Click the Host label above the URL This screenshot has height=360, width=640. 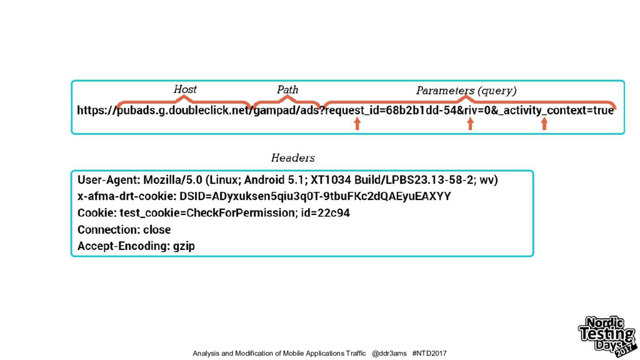coord(185,89)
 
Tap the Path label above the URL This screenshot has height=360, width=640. coord(287,90)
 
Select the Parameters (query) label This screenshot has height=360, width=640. coord(466,91)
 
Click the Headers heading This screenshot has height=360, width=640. coord(292,157)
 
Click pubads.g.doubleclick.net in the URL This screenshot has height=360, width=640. coord(184,111)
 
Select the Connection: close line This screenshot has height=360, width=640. coord(124,229)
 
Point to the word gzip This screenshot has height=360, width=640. coord(184,246)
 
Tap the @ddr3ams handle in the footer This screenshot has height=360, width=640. coord(389,354)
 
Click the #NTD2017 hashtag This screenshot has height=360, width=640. coord(429,354)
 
